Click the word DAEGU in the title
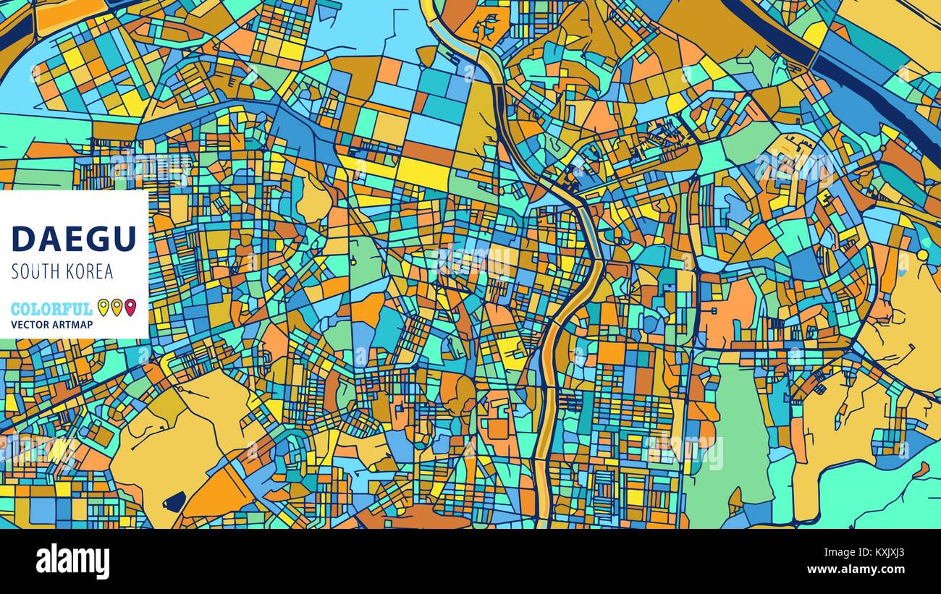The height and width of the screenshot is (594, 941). pos(73,239)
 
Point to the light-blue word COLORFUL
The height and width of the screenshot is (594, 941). pos(51,309)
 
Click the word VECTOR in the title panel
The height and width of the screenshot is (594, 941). pos(31,325)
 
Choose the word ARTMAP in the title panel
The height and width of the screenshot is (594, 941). pos(73,325)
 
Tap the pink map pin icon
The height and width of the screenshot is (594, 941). pos(130,307)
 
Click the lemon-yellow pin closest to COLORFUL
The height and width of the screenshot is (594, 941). pos(103,307)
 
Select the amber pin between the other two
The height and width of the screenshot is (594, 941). pos(117,307)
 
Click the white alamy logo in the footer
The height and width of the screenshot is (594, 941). pos(72,561)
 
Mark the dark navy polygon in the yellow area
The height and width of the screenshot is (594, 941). pos(174,501)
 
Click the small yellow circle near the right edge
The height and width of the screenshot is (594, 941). pos(922,255)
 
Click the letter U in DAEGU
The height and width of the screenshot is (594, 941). pos(124,239)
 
